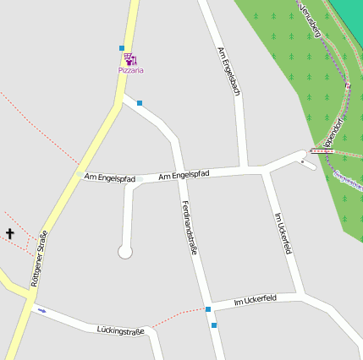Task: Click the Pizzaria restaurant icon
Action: (x=130, y=59)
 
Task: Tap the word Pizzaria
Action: (x=130, y=70)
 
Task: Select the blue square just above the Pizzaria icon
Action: (x=122, y=47)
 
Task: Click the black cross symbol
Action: (x=11, y=233)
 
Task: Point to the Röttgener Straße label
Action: (x=37, y=259)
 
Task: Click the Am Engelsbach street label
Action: (x=229, y=71)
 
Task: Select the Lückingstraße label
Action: (x=120, y=329)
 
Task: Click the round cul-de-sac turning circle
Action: (x=125, y=251)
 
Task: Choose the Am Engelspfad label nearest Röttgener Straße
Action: (x=109, y=178)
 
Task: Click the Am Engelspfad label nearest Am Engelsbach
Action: (x=184, y=174)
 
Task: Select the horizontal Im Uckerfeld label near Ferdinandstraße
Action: (x=255, y=300)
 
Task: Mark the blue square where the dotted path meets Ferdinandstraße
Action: (x=207, y=309)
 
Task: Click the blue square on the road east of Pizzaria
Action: (x=140, y=103)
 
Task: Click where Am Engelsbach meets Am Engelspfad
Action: (x=243, y=167)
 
